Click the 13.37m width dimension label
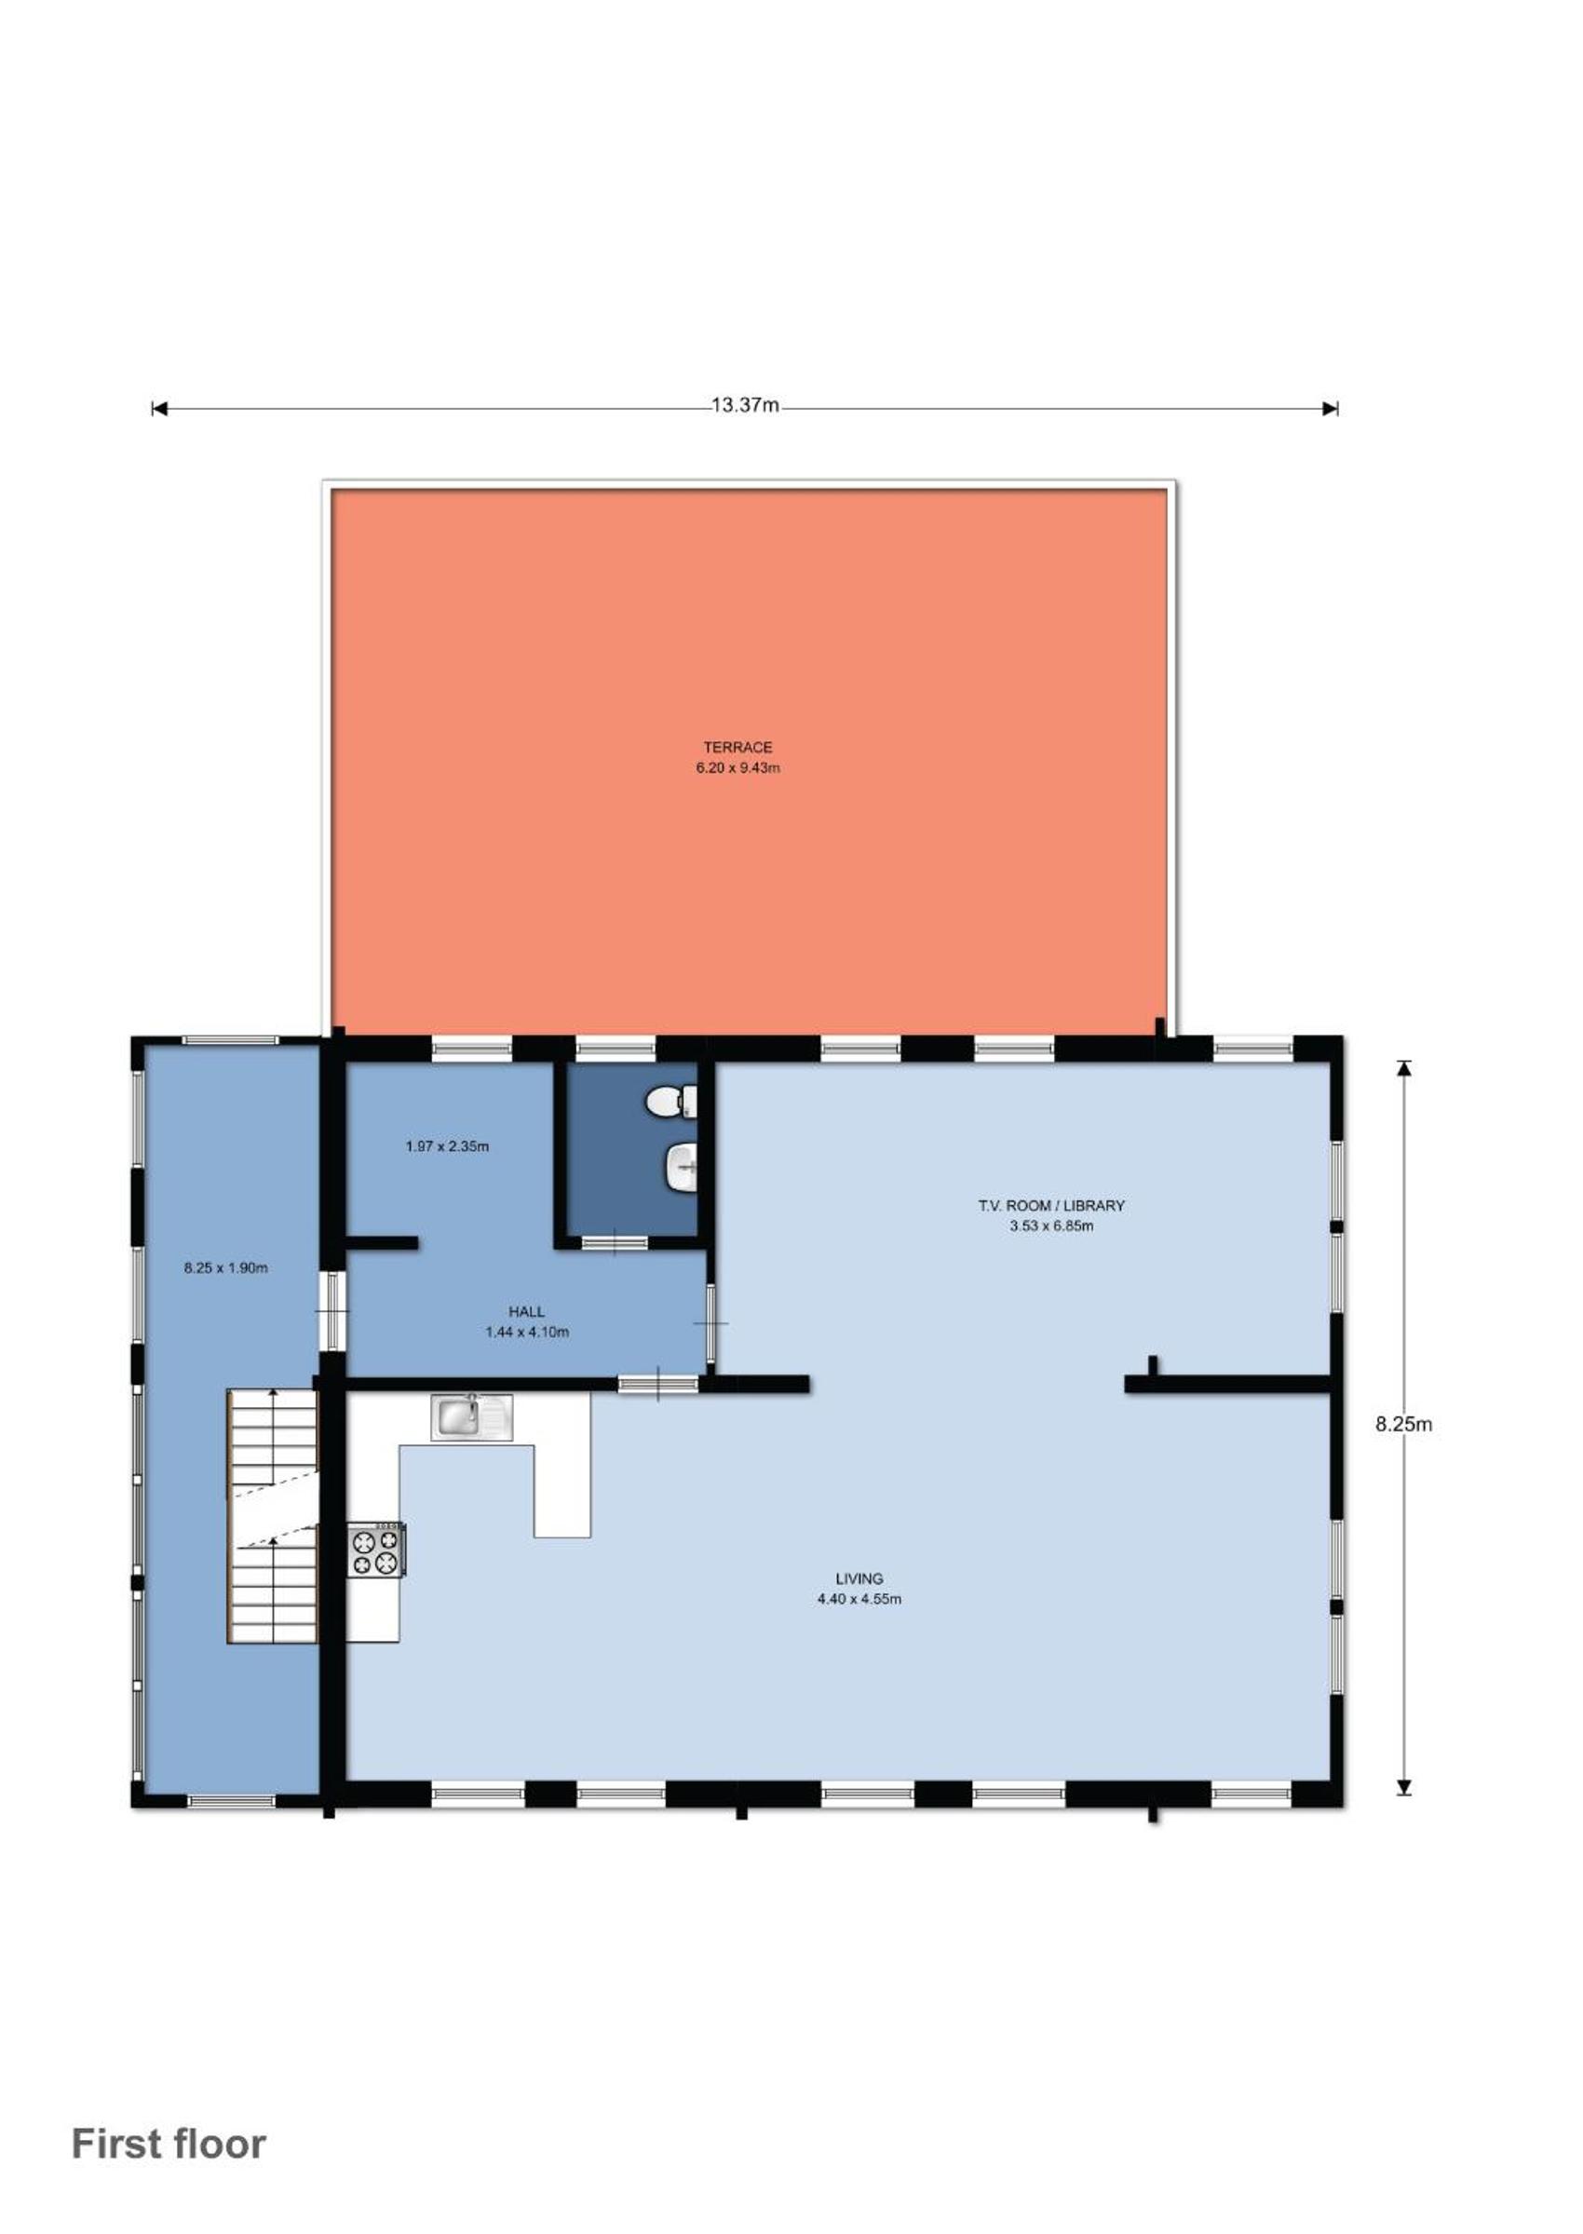point(745,405)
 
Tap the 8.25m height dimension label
point(1403,1424)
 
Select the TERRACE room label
point(737,748)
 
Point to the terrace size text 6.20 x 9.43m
point(737,768)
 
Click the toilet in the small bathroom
point(671,1103)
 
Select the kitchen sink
point(472,1416)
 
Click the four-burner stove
point(377,1549)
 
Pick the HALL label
point(526,1312)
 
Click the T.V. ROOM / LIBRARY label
point(1051,1206)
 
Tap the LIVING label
point(859,1578)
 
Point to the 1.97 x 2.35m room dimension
point(447,1146)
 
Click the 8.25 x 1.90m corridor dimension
point(226,1268)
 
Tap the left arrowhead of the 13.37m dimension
point(159,409)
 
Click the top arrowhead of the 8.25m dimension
point(1403,1067)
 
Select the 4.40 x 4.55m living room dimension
point(859,1599)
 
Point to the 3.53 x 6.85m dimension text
point(1051,1226)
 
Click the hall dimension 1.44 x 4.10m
point(527,1333)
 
